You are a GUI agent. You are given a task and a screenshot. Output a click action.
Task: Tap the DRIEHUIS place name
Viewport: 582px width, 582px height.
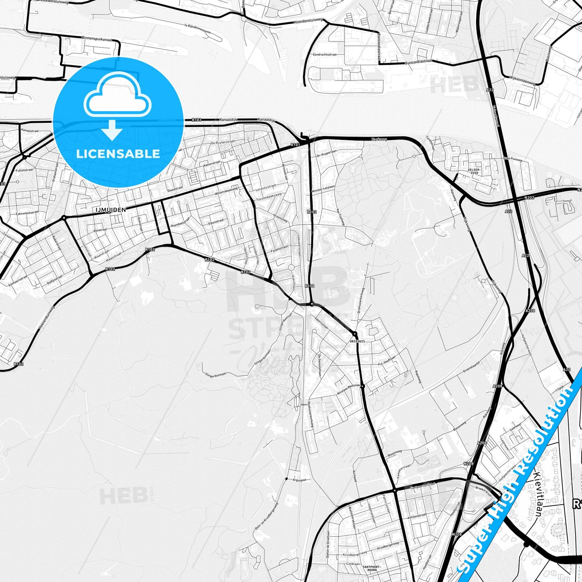click(x=357, y=341)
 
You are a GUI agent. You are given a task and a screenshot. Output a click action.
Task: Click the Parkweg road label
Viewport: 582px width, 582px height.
click(x=379, y=139)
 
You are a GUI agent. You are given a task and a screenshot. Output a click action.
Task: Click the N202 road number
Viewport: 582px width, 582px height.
click(x=529, y=197)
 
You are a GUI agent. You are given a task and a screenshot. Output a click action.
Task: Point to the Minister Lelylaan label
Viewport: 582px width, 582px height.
click(x=323, y=191)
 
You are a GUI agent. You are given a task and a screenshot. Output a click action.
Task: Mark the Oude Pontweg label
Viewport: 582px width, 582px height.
click(x=513, y=159)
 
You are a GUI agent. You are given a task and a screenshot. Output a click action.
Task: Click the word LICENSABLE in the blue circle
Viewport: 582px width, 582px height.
click(x=118, y=154)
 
